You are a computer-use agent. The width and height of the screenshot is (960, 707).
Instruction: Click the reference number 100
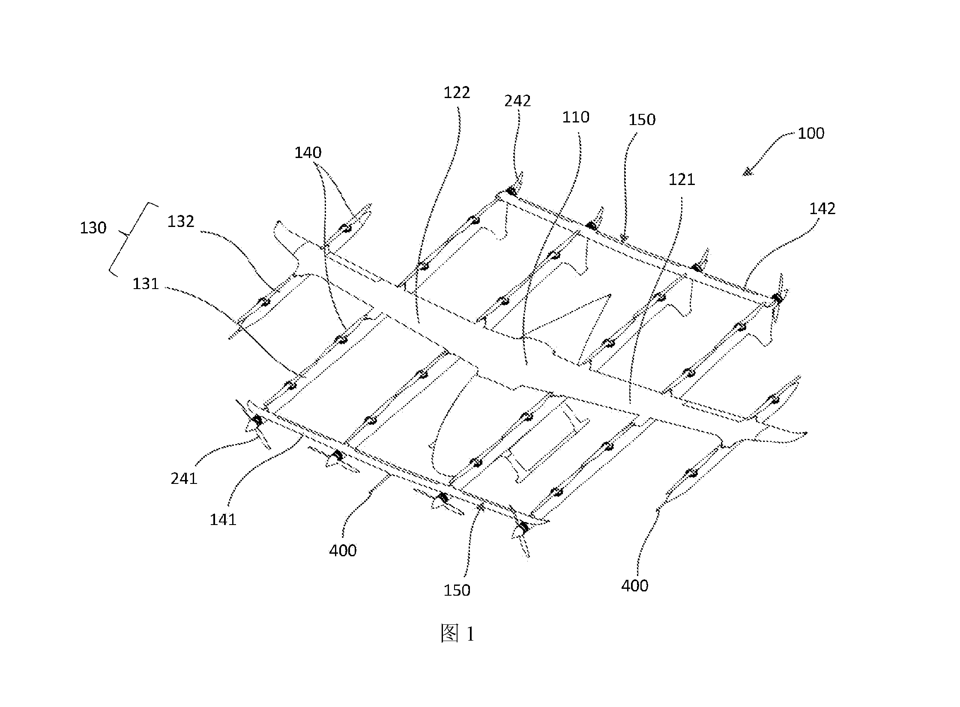click(x=810, y=134)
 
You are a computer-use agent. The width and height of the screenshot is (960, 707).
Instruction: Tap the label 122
click(x=457, y=92)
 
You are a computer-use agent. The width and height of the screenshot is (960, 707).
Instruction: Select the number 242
click(x=517, y=101)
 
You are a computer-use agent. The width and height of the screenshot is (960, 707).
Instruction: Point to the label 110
click(x=576, y=117)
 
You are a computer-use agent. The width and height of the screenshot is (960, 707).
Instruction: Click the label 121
click(x=682, y=179)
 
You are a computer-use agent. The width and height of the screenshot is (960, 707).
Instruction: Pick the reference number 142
click(x=822, y=209)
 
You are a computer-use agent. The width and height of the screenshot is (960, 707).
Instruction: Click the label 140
click(x=308, y=152)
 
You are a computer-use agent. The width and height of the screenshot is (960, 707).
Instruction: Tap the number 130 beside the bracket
click(x=93, y=228)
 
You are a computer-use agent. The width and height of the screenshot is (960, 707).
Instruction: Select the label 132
click(x=181, y=221)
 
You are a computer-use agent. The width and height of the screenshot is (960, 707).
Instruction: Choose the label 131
click(x=146, y=284)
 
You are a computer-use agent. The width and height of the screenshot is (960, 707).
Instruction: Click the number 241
click(x=184, y=478)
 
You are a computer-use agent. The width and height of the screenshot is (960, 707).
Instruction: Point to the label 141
click(x=223, y=520)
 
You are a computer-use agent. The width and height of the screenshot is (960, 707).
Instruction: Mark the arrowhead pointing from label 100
click(x=748, y=173)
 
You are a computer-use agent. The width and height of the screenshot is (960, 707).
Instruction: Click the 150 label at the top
click(x=642, y=120)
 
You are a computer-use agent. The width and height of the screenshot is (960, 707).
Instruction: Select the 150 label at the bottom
click(x=457, y=591)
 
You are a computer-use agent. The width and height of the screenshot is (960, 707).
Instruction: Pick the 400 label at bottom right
click(x=634, y=585)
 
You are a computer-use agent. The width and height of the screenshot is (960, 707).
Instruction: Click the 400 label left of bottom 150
click(x=343, y=551)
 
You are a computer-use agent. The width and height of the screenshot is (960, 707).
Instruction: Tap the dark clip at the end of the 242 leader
click(x=511, y=191)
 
